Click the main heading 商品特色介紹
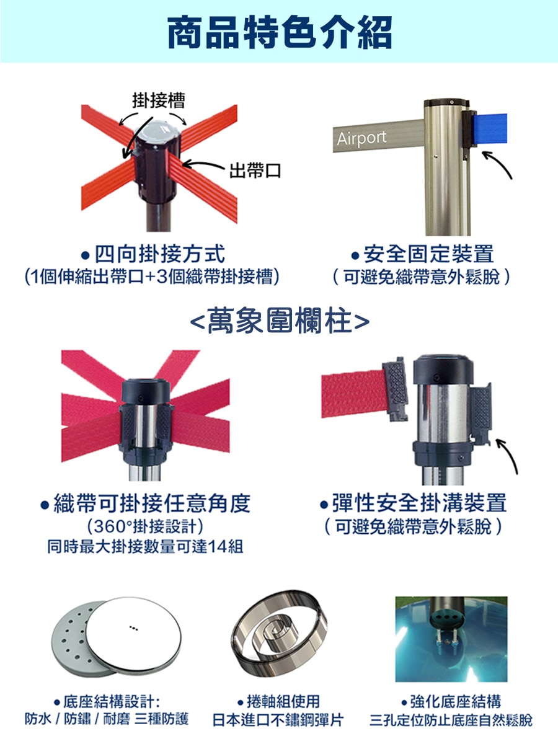click(280, 33)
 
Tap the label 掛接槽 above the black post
click(159, 100)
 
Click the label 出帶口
click(255, 170)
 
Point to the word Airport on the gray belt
click(361, 138)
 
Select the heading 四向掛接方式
click(154, 254)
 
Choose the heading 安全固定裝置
click(423, 254)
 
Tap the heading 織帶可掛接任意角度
click(146, 503)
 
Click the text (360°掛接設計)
click(146, 526)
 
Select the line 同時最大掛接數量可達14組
click(145, 546)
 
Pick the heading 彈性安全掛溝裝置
click(414, 503)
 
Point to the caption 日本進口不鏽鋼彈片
click(278, 720)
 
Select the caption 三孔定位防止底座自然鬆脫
click(451, 720)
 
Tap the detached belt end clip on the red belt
click(396, 389)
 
